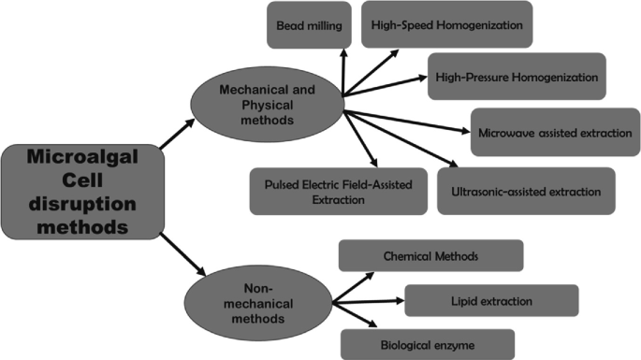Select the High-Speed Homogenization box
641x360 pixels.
(447, 25)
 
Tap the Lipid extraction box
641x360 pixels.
(491, 300)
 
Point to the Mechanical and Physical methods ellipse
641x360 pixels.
(267, 104)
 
